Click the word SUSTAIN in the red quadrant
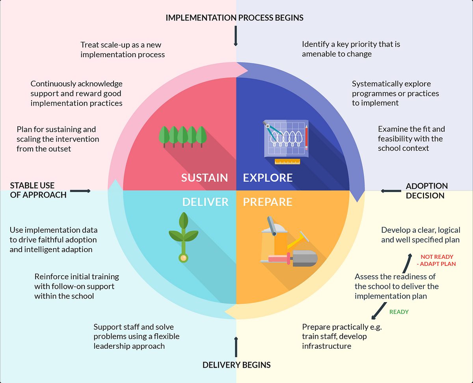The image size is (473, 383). point(204,178)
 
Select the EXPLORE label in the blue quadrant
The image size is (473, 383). point(268,178)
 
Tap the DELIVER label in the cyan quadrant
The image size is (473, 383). point(205,202)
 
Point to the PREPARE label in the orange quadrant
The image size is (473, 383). point(268,202)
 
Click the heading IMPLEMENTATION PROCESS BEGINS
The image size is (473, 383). point(235,18)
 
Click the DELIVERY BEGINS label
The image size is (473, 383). point(236,365)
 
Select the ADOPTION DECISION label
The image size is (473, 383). point(427,191)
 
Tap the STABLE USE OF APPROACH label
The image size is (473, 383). point(38,190)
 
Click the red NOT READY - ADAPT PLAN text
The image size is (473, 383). point(438,260)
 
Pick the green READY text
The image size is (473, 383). point(399,312)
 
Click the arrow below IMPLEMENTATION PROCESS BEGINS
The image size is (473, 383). point(236,36)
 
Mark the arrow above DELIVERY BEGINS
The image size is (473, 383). point(236,347)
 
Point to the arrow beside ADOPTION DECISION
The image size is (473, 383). point(391,191)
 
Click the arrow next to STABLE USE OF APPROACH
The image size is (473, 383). point(81,191)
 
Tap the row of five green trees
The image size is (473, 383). point(182,136)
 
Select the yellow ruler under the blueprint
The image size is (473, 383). point(287,161)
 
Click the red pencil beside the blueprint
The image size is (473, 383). point(306,137)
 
